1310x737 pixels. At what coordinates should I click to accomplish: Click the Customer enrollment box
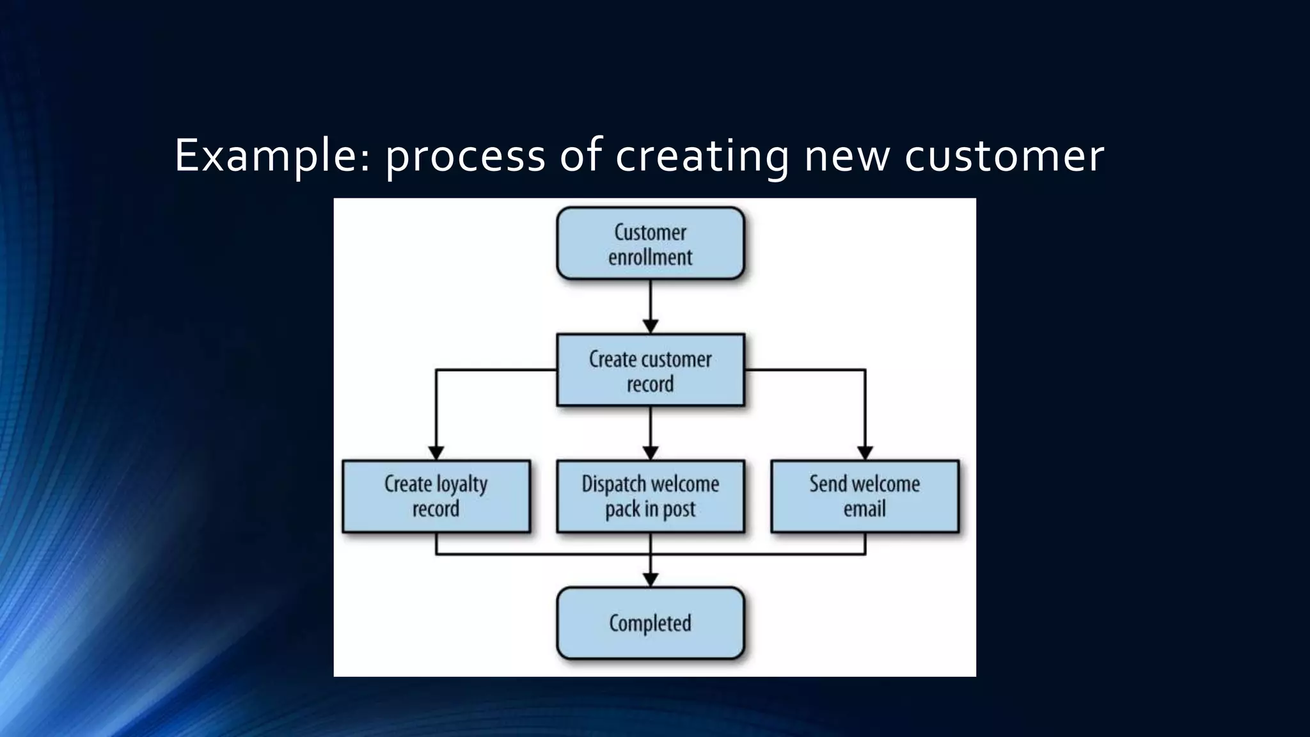coord(650,243)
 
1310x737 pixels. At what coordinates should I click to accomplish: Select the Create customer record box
coord(650,370)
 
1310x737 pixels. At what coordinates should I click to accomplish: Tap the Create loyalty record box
coord(436,496)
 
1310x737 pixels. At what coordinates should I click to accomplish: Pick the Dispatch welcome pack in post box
coord(650,496)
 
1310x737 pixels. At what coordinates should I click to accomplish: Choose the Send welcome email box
coord(865,496)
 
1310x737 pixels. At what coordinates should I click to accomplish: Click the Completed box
coord(650,623)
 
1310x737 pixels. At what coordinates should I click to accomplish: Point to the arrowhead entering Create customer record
coord(651,326)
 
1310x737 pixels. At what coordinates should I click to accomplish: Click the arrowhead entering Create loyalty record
coord(436,453)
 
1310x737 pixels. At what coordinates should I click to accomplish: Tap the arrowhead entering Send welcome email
coord(865,453)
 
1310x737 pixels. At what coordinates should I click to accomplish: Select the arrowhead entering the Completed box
coord(651,580)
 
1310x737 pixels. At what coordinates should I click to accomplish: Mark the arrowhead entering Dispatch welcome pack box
coord(651,453)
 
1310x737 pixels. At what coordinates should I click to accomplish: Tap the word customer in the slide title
coord(1004,156)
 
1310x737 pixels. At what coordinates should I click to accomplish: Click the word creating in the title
coord(702,156)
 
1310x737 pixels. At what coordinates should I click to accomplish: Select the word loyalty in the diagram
coord(462,484)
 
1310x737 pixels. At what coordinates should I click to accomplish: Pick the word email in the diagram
coord(865,509)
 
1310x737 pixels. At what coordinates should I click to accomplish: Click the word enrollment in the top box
coord(650,257)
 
